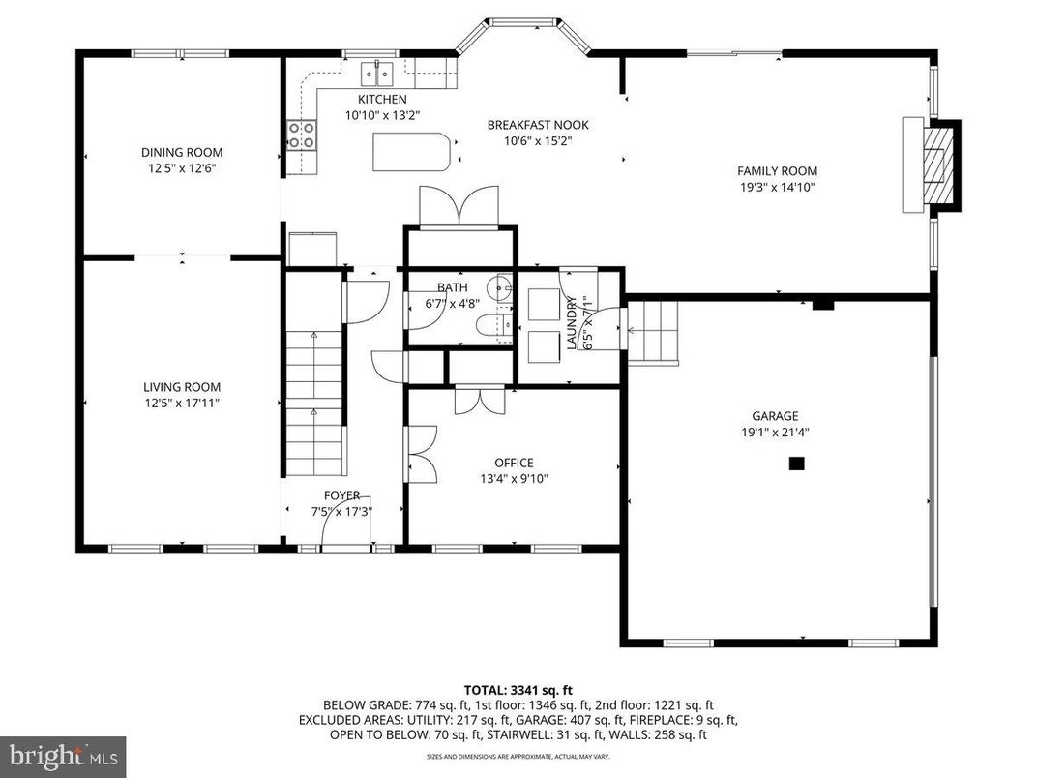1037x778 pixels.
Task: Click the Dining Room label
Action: pyautogui.click(x=182, y=152)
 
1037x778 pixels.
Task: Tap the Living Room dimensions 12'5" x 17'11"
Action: pyautogui.click(x=182, y=402)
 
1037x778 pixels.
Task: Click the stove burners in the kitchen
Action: pyautogui.click(x=302, y=135)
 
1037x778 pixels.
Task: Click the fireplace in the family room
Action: pyautogui.click(x=935, y=164)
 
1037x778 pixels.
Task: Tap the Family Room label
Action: pyautogui.click(x=778, y=171)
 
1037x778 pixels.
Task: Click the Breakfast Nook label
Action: pyautogui.click(x=538, y=125)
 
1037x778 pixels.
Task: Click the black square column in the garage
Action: pyautogui.click(x=796, y=464)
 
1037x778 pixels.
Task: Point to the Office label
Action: pyautogui.click(x=514, y=463)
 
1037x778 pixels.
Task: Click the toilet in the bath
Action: pyautogui.click(x=502, y=324)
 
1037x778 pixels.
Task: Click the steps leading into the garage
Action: pyautogui.click(x=653, y=330)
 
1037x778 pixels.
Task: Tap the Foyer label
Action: pyautogui.click(x=341, y=495)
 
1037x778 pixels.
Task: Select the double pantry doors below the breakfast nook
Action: pyautogui.click(x=459, y=207)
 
